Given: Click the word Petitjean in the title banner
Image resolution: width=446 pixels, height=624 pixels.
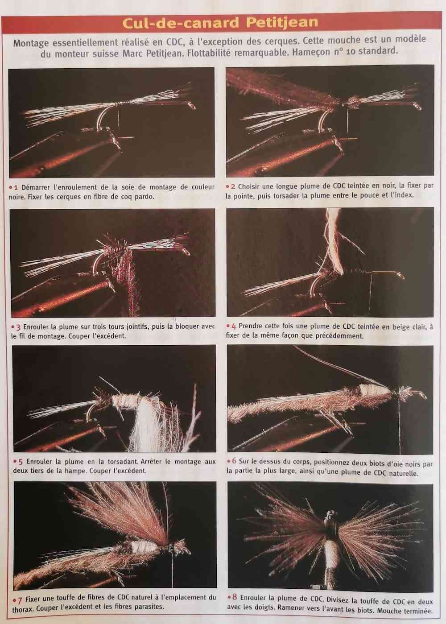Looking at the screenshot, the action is click(x=282, y=23).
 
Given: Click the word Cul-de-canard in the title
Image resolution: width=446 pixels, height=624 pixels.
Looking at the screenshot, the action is click(x=181, y=23).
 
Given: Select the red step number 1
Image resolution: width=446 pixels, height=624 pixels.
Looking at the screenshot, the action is click(x=16, y=187).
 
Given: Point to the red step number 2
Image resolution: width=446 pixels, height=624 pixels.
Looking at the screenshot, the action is click(x=233, y=186).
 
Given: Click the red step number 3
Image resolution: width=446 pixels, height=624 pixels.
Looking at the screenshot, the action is click(x=18, y=326).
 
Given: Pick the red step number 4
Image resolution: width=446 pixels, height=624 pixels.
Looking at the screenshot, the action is click(x=233, y=326).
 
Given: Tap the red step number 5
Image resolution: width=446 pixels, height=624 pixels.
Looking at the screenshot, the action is click(x=21, y=462).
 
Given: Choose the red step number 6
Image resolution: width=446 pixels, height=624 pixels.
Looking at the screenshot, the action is click(x=234, y=461).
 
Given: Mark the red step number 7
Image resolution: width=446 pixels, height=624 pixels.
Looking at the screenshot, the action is click(x=20, y=599).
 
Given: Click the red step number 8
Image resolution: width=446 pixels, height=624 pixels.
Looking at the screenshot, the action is click(x=235, y=597).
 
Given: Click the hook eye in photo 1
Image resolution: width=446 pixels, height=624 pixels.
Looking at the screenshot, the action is click(x=191, y=105).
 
